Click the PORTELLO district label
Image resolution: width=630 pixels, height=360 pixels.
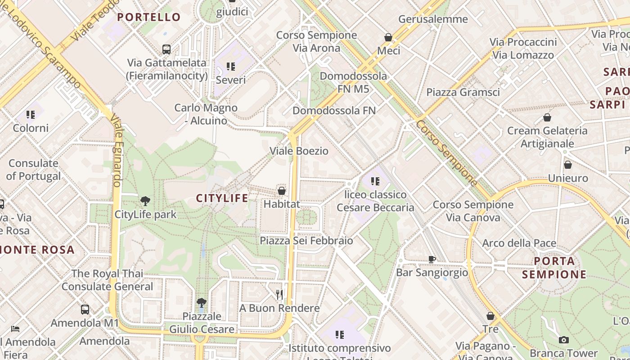coord(149,17)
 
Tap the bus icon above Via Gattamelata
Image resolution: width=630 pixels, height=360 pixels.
coord(166,49)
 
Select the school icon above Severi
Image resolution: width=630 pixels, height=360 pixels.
coord(231,67)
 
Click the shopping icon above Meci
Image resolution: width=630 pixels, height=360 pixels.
coord(388,37)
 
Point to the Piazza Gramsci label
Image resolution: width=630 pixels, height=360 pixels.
coord(463,92)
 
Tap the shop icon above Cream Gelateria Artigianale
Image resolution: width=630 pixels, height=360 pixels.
coord(547,117)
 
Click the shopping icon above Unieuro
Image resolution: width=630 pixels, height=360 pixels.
coord(568,165)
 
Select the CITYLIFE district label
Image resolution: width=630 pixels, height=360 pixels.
coord(222,198)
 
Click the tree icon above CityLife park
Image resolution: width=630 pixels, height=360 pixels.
coord(145,201)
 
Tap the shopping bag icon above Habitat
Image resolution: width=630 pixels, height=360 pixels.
coord(282,191)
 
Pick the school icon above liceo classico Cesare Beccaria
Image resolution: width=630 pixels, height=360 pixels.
coord(375,181)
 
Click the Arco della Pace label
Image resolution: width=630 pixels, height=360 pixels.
coord(519,243)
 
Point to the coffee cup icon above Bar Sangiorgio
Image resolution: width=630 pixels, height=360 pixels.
coord(432,259)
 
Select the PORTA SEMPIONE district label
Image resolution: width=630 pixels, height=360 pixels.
coord(554,268)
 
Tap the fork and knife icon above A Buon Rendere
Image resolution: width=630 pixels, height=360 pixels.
coord(279,295)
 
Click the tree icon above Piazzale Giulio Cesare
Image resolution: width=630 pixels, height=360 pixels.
coord(202,303)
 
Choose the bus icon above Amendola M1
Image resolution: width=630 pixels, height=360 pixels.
coord(85,310)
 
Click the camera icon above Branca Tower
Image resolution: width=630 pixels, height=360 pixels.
coord(564,340)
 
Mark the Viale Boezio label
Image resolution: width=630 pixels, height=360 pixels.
coord(299,151)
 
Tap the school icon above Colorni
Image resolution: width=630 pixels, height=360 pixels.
coord(30,115)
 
